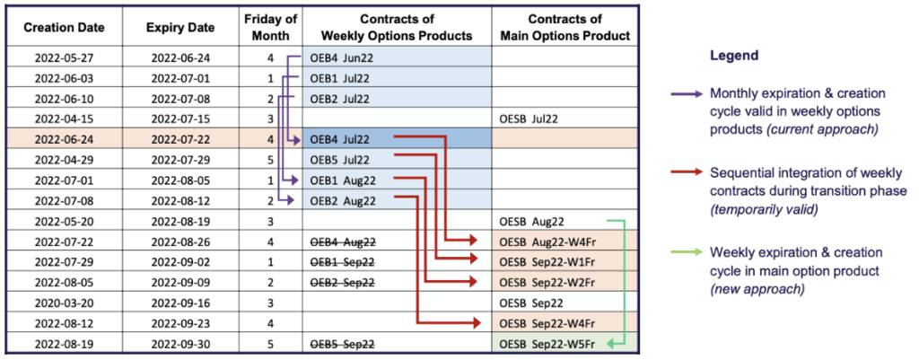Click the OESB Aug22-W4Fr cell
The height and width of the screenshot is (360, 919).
click(553, 241)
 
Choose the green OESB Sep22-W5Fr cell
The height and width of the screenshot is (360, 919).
click(553, 343)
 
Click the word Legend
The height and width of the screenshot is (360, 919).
click(734, 56)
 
